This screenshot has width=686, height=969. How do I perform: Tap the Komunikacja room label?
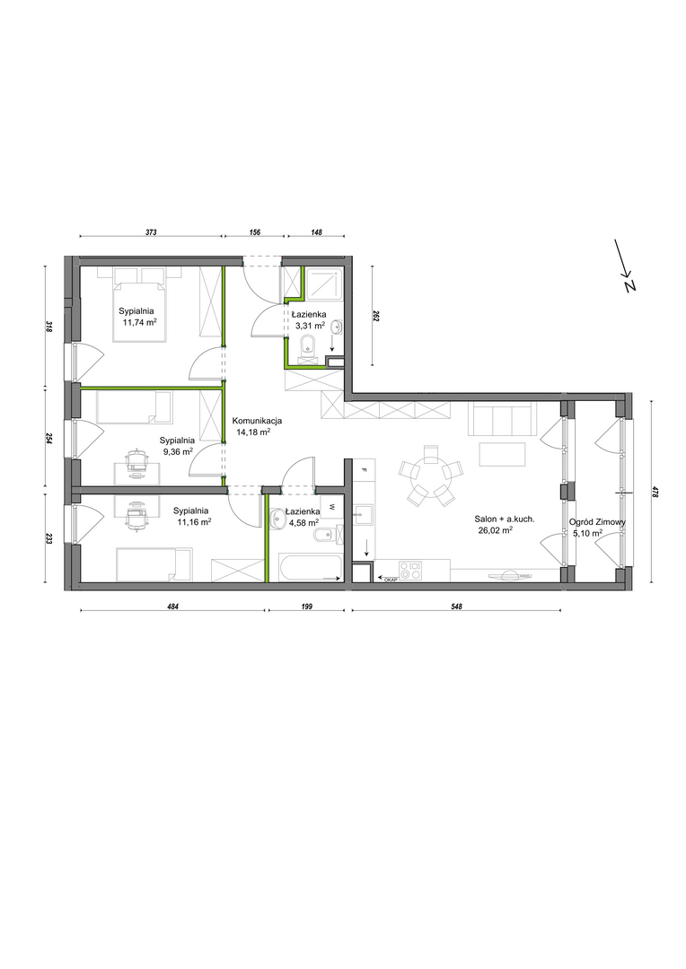tap(258, 421)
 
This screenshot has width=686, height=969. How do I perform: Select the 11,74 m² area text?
tap(139, 322)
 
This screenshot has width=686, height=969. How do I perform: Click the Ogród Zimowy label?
tap(597, 521)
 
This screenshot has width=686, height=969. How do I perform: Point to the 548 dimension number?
tap(456, 607)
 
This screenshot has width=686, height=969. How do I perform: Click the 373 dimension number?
tap(151, 232)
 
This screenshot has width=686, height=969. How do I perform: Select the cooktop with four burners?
tap(410, 570)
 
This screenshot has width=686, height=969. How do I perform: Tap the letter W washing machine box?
tap(331, 507)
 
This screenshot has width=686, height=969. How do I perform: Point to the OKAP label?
tap(390, 579)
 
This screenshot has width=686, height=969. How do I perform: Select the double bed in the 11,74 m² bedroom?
tap(139, 304)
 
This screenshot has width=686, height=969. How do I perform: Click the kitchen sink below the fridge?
tap(362, 514)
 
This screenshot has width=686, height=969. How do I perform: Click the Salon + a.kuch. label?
tap(504, 519)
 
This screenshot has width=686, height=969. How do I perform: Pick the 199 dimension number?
tap(305, 607)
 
